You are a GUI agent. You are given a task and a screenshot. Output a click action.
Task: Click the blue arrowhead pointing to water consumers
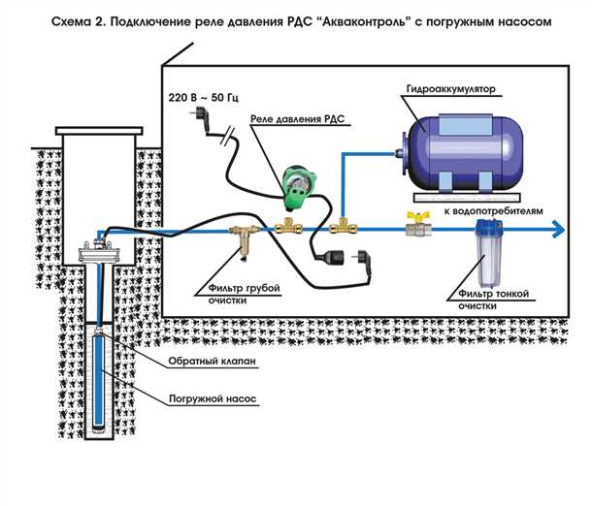click(558, 230)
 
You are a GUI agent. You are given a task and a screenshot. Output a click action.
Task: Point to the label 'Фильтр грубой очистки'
click(241, 295)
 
